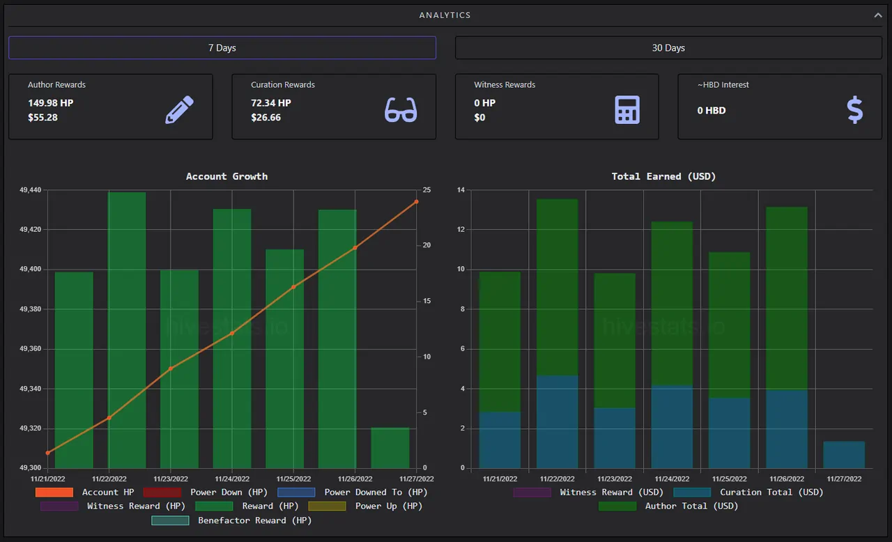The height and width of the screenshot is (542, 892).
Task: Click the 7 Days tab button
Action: [x=222, y=48]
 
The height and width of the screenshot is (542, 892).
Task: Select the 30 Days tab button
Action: [x=668, y=48]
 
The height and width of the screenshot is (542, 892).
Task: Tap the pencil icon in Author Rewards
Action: [x=180, y=110]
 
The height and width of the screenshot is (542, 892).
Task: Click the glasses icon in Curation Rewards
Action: [x=401, y=110]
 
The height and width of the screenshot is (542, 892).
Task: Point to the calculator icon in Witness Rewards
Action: [x=627, y=110]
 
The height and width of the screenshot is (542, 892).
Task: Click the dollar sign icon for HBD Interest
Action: [x=855, y=110]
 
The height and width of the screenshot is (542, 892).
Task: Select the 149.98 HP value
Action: [x=51, y=103]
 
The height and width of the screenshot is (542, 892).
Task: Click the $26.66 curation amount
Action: [x=266, y=118]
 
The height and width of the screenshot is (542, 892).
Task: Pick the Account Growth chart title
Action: [x=226, y=176]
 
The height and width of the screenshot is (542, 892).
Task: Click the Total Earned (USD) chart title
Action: [x=663, y=176]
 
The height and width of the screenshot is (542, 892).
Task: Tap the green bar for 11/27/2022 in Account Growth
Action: [x=390, y=448]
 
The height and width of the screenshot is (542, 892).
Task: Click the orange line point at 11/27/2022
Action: [x=417, y=202]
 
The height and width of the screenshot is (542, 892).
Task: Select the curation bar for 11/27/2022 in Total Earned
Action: [x=844, y=454]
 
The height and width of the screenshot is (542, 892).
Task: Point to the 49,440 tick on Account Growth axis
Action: [x=30, y=189]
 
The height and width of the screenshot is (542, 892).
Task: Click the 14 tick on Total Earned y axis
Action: [x=461, y=189]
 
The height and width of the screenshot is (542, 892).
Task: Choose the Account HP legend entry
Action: [x=84, y=493]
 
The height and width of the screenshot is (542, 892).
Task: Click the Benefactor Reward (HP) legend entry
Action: [x=231, y=520]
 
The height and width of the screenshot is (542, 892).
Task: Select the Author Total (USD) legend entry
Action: [x=668, y=506]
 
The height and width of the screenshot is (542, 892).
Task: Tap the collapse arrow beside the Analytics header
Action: [x=877, y=15]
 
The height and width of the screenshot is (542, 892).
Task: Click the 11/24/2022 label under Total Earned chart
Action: [x=672, y=479]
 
